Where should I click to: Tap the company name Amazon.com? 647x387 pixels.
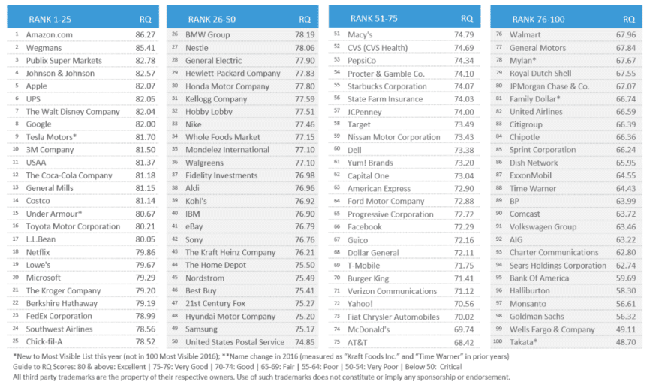coord(50,35)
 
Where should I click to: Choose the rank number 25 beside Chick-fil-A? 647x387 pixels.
coord(16,342)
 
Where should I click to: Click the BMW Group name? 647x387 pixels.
coord(208,35)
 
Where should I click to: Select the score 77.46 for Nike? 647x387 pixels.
coord(305,124)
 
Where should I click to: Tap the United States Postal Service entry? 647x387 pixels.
coord(235,342)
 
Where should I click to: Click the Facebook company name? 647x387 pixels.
coord(365,226)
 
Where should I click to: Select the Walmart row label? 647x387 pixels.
coord(525,35)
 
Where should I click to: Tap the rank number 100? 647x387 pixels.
coord(499,342)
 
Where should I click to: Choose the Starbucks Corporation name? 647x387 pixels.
coord(387,86)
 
